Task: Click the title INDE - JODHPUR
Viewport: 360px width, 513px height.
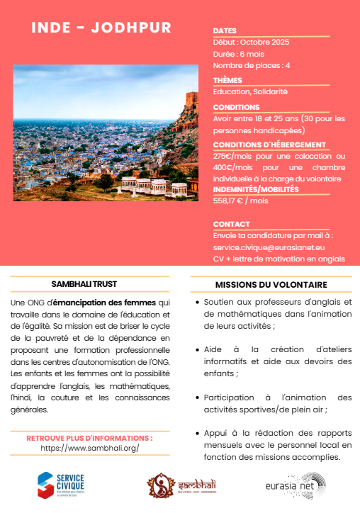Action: click(102, 28)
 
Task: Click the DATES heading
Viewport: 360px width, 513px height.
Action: click(225, 31)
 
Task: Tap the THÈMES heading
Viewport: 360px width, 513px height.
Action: click(227, 80)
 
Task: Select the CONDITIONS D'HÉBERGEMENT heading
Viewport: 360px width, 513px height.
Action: click(259, 145)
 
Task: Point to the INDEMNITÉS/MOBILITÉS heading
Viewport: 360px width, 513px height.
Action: click(256, 189)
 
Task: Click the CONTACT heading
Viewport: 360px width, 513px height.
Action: click(231, 224)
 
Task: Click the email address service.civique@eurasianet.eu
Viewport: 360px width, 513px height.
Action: click(269, 247)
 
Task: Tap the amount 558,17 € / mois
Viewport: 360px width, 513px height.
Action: click(240, 201)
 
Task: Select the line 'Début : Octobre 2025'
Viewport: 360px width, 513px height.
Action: click(251, 43)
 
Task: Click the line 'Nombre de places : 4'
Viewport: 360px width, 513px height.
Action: click(252, 65)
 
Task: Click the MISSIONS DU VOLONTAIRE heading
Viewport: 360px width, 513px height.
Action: click(271, 284)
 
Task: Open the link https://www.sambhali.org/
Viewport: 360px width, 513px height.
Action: click(89, 449)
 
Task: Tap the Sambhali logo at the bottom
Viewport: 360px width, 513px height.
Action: click(180, 485)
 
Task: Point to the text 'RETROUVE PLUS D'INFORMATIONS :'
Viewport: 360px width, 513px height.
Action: click(89, 438)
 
